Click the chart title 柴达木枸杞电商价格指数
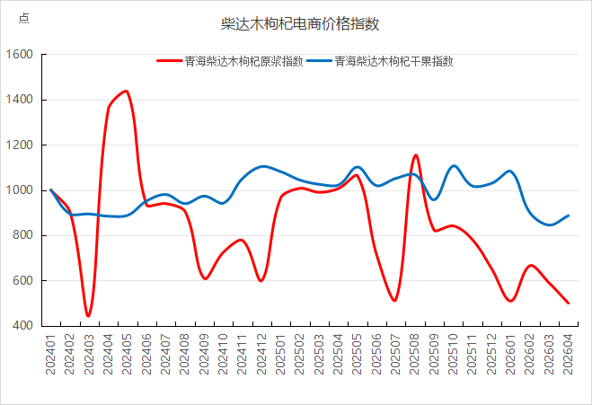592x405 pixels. click(300, 23)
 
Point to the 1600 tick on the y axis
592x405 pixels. click(19, 55)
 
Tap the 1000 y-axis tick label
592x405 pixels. click(19, 190)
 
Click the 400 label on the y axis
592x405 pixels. click(22, 326)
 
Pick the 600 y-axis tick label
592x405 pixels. click(22, 281)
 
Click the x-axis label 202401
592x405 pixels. click(50, 355)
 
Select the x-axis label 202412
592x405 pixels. click(261, 355)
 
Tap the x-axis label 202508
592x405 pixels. click(415, 355)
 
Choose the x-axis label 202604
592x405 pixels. click(569, 355)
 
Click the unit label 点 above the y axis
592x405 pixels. click(23, 18)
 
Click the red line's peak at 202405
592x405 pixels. click(127, 91)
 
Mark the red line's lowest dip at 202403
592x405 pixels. click(88, 316)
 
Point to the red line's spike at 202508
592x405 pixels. click(415, 155)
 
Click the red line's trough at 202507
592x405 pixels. click(395, 301)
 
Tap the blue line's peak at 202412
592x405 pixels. click(263, 166)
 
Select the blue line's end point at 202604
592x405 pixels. click(568, 216)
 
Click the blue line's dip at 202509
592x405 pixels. click(434, 199)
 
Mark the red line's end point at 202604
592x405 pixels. click(568, 303)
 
